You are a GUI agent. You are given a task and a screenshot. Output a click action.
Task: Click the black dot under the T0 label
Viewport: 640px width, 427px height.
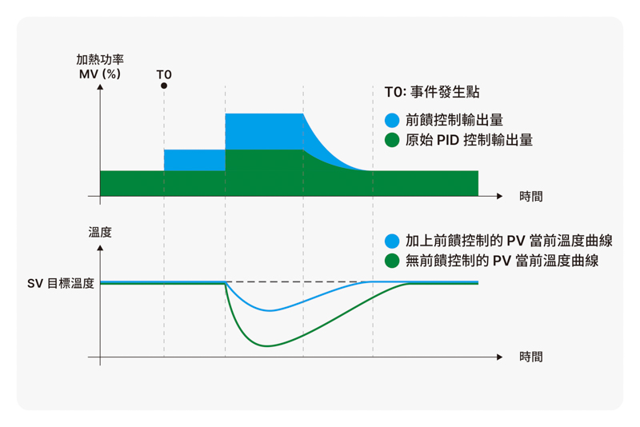pyautogui.click(x=164, y=86)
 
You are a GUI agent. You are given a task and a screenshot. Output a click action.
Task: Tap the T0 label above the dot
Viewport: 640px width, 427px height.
pyautogui.click(x=164, y=74)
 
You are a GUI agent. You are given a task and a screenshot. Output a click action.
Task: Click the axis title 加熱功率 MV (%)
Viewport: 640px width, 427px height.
pyautogui.click(x=100, y=66)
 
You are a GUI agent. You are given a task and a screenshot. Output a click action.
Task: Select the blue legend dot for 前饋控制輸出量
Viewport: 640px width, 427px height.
pyautogui.click(x=392, y=120)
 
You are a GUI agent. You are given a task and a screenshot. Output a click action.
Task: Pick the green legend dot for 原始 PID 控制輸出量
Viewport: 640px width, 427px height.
pyautogui.click(x=392, y=140)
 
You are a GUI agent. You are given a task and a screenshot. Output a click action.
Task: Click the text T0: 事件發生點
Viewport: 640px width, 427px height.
pyautogui.click(x=432, y=92)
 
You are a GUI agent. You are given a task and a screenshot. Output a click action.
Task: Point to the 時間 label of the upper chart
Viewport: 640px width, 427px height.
pyautogui.click(x=530, y=197)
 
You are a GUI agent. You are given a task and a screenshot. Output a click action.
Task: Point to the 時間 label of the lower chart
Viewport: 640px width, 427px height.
pyautogui.click(x=530, y=357)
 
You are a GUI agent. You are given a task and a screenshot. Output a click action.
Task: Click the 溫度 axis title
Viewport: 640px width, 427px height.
pyautogui.click(x=100, y=233)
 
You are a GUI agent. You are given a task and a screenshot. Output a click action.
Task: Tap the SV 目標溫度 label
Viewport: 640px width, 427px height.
pyautogui.click(x=61, y=283)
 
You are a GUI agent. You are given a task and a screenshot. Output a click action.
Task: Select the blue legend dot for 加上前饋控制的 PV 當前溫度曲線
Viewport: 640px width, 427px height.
pyautogui.click(x=392, y=241)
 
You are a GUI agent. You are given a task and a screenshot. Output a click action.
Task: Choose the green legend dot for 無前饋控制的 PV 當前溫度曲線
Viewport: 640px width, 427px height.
pyautogui.click(x=392, y=261)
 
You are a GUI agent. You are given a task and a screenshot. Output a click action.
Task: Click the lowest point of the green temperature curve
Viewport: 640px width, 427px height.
pyautogui.click(x=267, y=346)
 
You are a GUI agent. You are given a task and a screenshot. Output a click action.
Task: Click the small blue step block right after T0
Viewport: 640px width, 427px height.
pyautogui.click(x=194, y=160)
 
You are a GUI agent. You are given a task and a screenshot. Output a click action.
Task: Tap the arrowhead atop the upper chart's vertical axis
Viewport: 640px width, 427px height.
pyautogui.click(x=100, y=87)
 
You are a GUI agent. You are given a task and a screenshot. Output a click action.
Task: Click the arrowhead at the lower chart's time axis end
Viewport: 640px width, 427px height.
pyautogui.click(x=499, y=357)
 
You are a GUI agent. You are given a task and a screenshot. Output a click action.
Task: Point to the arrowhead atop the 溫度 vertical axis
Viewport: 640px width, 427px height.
pyautogui.click(x=100, y=248)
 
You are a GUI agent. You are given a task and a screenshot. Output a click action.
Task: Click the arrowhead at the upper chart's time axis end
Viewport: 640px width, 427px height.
pyautogui.click(x=499, y=196)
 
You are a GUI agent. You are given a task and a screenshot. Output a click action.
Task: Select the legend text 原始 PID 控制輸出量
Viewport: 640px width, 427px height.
pyautogui.click(x=469, y=140)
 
